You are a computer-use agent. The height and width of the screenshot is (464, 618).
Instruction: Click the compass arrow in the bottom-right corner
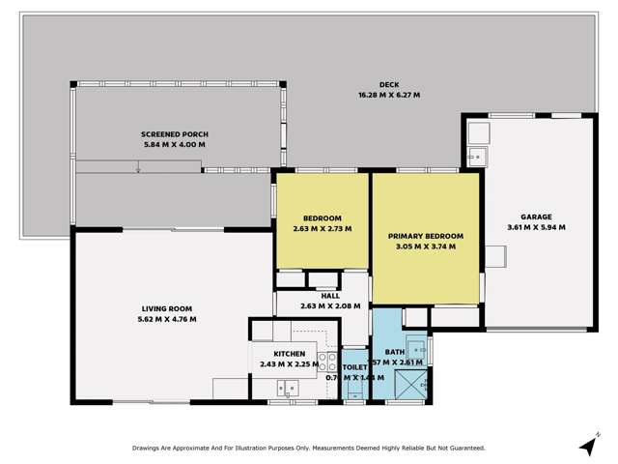point(586,445)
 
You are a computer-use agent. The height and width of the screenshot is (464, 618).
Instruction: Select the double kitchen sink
point(288,388)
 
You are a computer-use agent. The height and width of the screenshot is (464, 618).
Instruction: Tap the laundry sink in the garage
point(477,154)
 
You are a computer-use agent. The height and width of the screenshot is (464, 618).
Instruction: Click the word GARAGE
point(536,217)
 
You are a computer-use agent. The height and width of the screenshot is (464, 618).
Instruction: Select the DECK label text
point(389,84)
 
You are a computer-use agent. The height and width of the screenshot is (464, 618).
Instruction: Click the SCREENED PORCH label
point(175,133)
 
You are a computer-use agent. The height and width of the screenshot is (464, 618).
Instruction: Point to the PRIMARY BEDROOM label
point(426,236)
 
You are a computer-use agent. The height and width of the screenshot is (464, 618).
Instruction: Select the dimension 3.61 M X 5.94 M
point(536,228)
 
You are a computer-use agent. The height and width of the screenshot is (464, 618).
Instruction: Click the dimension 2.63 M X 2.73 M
point(323,229)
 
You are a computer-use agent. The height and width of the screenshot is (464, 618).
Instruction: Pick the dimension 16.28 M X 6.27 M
point(389,95)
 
